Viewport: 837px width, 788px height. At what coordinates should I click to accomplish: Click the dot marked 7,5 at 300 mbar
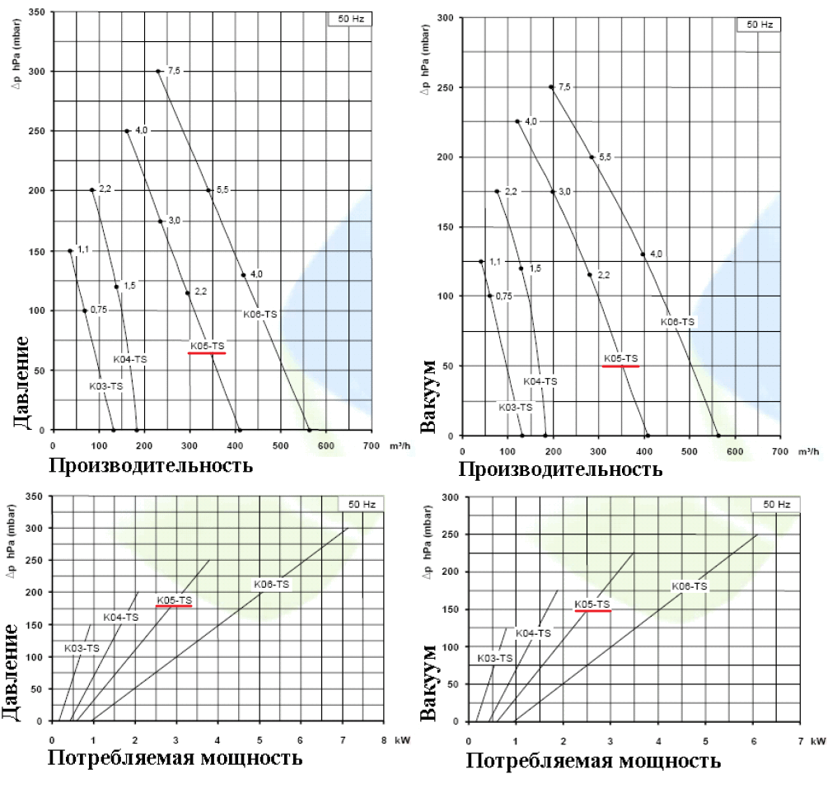click(157, 71)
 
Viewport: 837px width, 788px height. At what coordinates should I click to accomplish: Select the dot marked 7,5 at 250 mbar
click(550, 86)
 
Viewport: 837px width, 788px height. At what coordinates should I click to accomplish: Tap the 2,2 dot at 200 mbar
click(91, 190)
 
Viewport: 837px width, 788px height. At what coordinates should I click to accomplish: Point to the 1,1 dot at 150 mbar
click(70, 250)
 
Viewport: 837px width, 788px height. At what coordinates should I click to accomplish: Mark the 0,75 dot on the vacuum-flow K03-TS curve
click(489, 296)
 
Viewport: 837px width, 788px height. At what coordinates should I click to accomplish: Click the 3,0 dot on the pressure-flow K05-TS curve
click(160, 221)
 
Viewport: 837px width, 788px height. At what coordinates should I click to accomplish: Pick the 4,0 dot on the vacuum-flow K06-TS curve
click(643, 254)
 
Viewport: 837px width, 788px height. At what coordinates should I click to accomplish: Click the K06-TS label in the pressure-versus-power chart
click(272, 584)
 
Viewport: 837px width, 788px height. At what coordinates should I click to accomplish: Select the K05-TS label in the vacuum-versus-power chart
click(592, 604)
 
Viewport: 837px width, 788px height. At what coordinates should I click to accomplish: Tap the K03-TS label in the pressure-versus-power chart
click(82, 648)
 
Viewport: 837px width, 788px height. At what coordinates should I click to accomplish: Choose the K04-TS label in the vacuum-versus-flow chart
click(540, 381)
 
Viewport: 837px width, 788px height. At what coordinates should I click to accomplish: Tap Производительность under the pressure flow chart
click(150, 465)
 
